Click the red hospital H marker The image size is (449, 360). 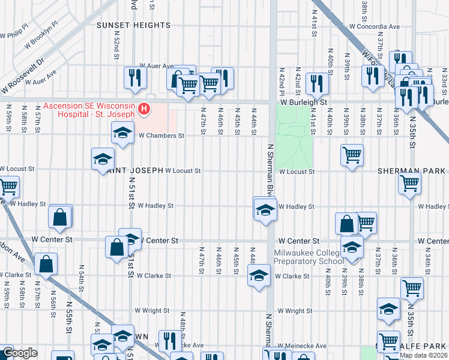(144, 109)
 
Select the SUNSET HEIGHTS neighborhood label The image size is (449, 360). (134, 25)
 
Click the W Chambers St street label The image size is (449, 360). (161, 136)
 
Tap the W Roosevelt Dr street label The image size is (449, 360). (23, 74)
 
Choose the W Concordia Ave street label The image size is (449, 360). (374, 27)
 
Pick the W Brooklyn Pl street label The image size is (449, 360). (41, 39)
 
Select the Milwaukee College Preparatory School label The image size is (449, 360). (309, 256)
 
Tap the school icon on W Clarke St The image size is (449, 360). (259, 275)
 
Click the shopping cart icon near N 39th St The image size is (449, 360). (352, 155)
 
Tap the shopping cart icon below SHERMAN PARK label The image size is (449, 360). (410, 183)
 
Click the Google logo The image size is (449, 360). (20, 353)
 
